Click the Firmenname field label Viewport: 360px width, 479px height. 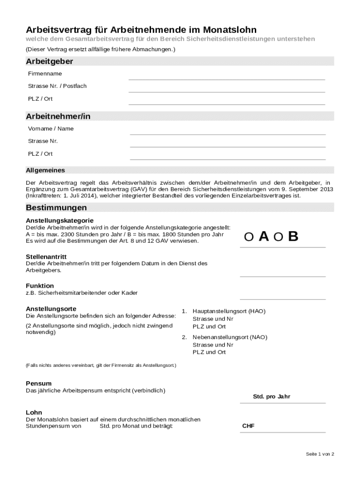[45, 74]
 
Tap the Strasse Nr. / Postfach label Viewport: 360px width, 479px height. [57, 86]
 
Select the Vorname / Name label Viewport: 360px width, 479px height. [50, 129]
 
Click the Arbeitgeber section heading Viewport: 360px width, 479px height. [49, 62]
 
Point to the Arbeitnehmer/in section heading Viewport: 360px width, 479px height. [58, 116]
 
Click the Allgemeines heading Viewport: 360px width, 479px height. [45, 170]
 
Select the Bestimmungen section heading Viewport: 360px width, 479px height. [56, 207]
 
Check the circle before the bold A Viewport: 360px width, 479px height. [249, 238]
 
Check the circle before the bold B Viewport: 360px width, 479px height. [278, 238]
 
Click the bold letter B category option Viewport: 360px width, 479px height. [293, 237]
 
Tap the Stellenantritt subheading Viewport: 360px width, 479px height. [46, 257]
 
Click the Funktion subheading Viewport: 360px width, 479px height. [40, 286]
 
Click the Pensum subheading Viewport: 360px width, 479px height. [38, 384]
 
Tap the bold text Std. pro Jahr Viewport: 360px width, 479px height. [271, 397]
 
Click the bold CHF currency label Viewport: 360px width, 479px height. [248, 426]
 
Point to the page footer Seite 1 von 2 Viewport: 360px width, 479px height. [320, 454]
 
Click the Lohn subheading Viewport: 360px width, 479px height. [34, 413]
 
